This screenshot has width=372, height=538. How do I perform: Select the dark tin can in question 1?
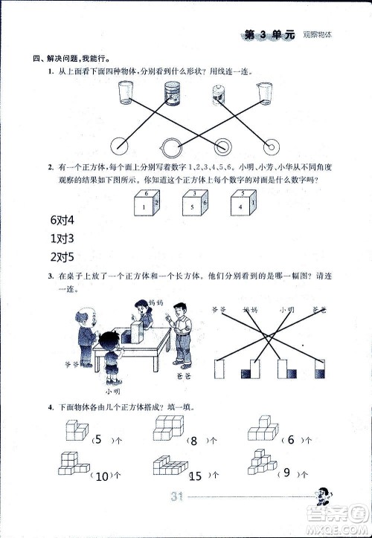point(173,94)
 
